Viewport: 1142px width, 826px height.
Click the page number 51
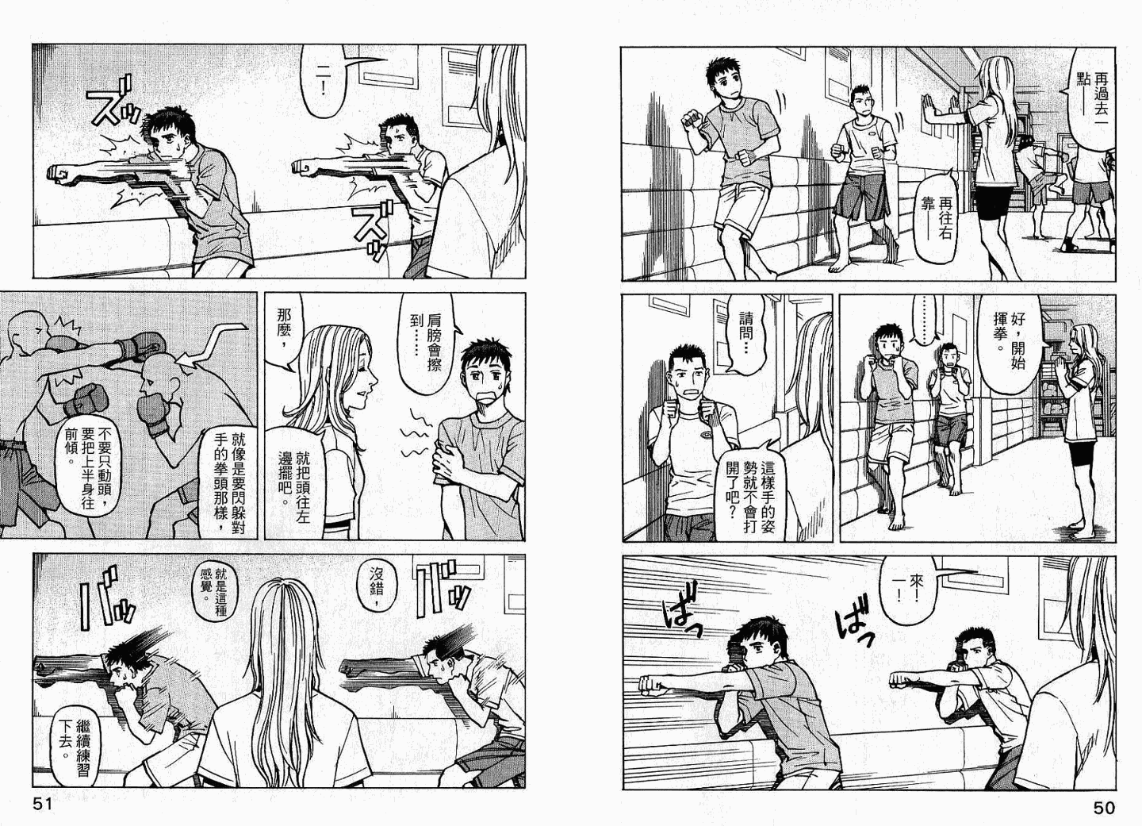coord(43,805)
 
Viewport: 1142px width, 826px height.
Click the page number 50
coord(1103,808)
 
